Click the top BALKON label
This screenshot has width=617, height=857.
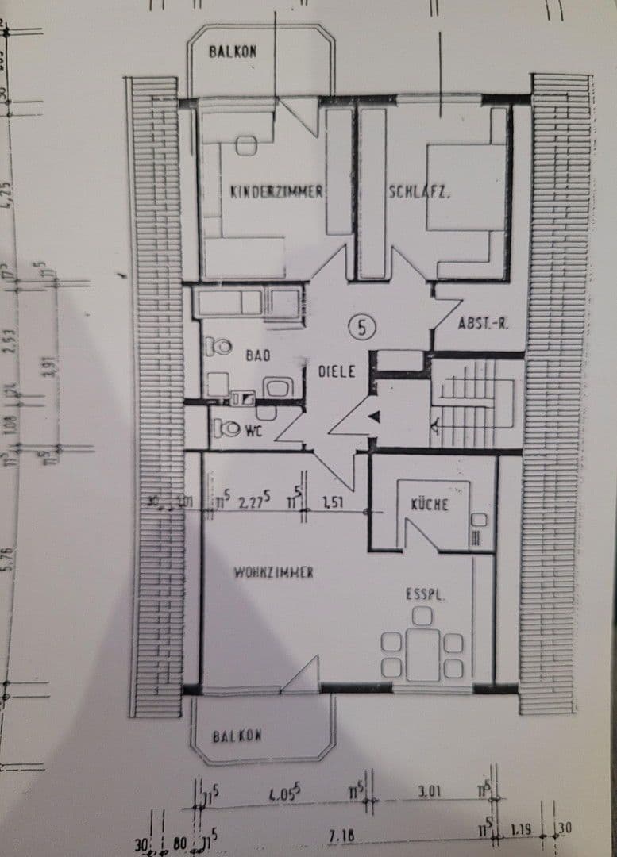click(x=233, y=52)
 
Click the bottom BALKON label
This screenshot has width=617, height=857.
click(x=237, y=736)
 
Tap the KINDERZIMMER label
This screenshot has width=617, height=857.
click(x=276, y=191)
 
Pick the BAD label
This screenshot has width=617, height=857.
click(x=257, y=355)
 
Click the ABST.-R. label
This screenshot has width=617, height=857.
click(x=482, y=324)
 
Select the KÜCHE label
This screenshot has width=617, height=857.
click(x=430, y=504)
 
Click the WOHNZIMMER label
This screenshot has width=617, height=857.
click(x=272, y=571)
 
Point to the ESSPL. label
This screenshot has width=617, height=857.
click(x=421, y=593)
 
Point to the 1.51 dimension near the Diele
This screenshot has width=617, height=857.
click(x=332, y=502)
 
